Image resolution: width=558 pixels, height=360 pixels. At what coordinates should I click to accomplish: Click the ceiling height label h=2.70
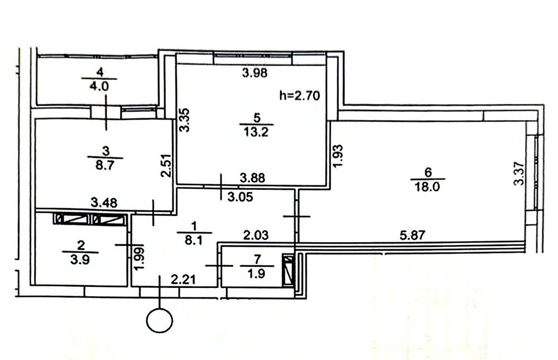click(x=300, y=95)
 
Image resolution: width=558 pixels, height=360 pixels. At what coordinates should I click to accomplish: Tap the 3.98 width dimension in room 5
click(x=254, y=73)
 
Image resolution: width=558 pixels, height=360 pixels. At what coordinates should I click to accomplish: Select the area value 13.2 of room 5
click(x=256, y=132)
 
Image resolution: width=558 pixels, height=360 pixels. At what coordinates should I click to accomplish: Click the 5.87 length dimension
click(x=412, y=235)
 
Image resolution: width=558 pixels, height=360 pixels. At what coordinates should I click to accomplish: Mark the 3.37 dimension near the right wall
click(x=519, y=174)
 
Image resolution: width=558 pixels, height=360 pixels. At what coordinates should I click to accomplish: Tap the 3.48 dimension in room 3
click(x=104, y=203)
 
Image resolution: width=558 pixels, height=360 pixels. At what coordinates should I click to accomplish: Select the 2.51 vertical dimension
click(x=166, y=165)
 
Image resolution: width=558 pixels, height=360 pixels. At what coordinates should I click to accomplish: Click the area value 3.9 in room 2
click(x=80, y=260)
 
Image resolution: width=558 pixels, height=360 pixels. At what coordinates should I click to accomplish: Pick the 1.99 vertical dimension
click(x=139, y=258)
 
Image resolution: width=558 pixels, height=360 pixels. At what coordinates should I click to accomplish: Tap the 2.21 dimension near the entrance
click(x=183, y=280)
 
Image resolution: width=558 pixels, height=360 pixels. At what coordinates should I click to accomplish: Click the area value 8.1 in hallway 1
click(x=194, y=241)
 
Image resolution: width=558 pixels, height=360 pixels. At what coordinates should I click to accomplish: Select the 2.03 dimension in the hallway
click(x=256, y=235)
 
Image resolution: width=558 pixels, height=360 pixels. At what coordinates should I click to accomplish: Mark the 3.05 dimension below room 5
click(x=240, y=196)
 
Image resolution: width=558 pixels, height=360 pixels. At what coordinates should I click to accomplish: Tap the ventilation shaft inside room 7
click(x=288, y=270)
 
